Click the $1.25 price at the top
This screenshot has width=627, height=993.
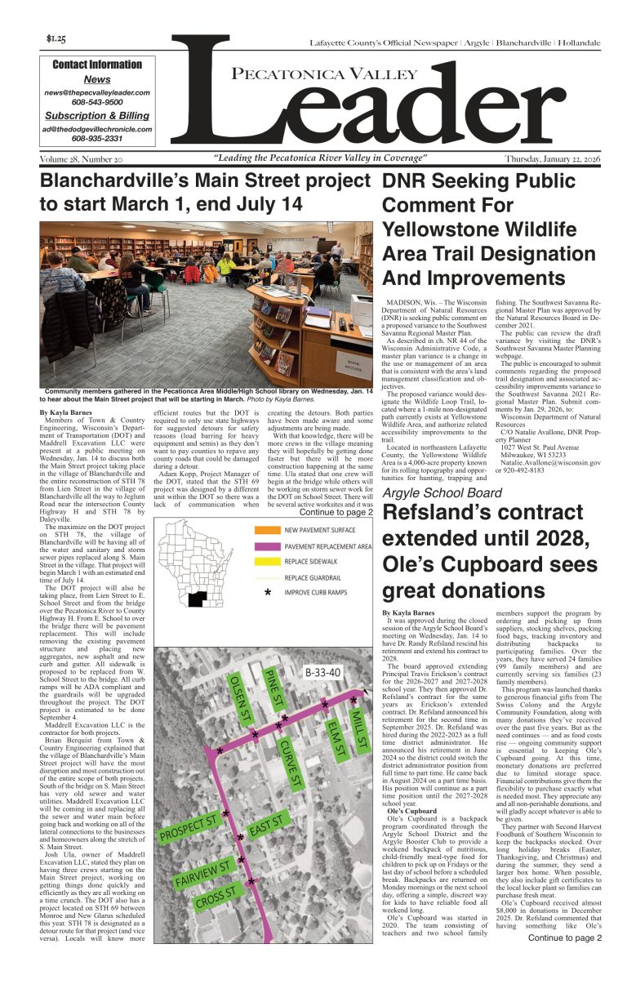[56, 39]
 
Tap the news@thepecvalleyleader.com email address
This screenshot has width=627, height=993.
[97, 93]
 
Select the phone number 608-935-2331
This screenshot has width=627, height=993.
[97, 139]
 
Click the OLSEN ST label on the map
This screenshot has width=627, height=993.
[236, 704]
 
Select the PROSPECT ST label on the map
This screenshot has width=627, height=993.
[189, 827]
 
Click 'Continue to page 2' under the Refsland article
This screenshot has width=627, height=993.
[564, 937]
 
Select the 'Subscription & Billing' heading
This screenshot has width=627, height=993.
[97, 116]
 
